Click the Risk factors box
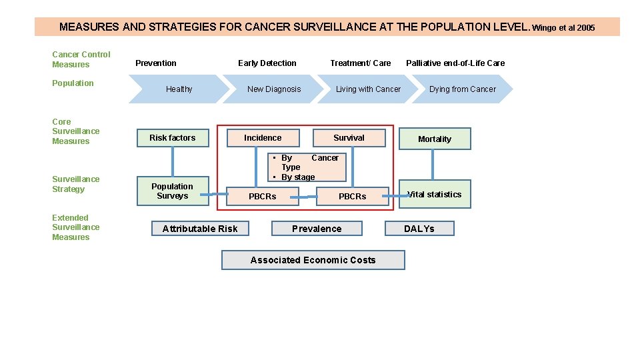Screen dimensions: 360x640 click(x=173, y=138)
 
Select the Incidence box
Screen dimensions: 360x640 click(x=263, y=138)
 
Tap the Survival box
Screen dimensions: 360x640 click(x=349, y=138)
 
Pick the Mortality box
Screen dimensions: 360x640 click(x=435, y=139)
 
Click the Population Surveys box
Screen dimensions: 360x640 click(x=172, y=191)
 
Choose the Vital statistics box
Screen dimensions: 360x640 click(x=435, y=194)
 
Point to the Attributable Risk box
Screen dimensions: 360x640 click(x=200, y=229)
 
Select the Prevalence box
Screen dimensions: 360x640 click(x=317, y=229)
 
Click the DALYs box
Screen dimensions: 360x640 click(x=419, y=229)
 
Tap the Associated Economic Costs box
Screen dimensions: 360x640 click(x=313, y=260)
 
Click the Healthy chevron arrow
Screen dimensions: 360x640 click(x=179, y=89)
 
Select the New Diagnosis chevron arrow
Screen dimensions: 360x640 click(x=274, y=89)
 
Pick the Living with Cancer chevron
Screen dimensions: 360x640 click(x=368, y=89)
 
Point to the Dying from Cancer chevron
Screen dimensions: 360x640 click(x=463, y=89)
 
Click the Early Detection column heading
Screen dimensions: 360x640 click(x=267, y=63)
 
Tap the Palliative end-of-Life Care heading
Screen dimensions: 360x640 click(x=455, y=63)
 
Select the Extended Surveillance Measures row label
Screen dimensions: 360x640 click(x=71, y=227)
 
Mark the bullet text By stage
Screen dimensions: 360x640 click(x=297, y=177)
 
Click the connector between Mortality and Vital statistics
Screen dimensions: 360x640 click(x=433, y=165)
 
